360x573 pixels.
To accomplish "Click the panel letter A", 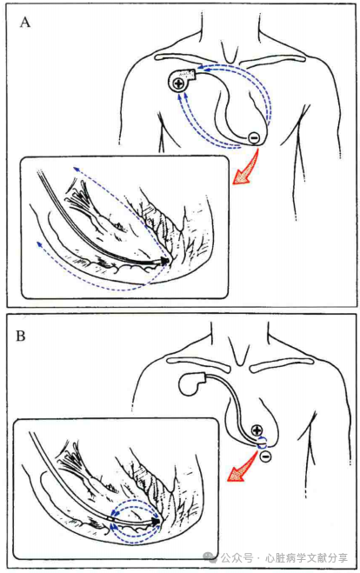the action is pos(25,23).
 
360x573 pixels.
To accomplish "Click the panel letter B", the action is pos(21,336).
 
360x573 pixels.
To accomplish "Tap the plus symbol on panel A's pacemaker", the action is pos(179,83).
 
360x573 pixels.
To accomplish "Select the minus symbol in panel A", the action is pos(255,137).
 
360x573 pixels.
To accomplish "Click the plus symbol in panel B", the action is pos(257,430).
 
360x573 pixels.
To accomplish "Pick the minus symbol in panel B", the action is pos(266,456).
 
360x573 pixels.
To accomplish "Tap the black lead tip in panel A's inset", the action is pos(164,261).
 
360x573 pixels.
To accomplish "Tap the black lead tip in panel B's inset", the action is pos(157,521).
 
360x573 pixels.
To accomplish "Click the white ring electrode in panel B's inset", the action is pos(112,519).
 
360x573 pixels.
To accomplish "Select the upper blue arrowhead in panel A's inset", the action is pos(76,169).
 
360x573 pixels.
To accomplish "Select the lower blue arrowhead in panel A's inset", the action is pos(39,243).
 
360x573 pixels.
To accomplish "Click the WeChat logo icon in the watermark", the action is pos(210,556).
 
